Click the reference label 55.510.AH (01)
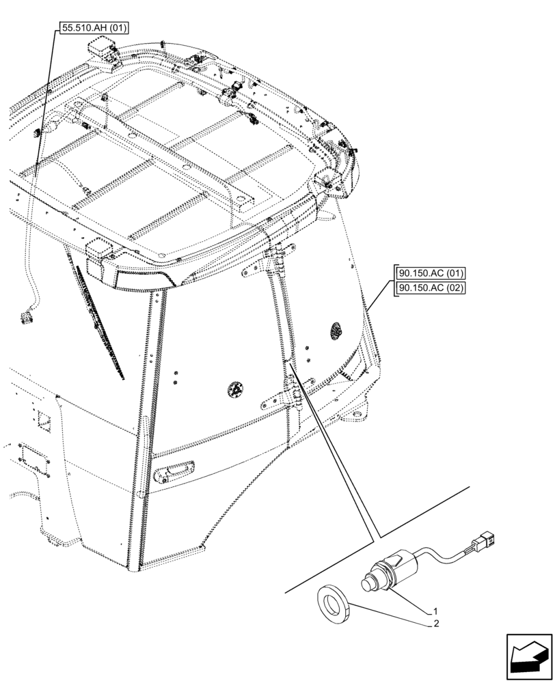click(93, 28)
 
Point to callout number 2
click(434, 624)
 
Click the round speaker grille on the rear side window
click(336, 330)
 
